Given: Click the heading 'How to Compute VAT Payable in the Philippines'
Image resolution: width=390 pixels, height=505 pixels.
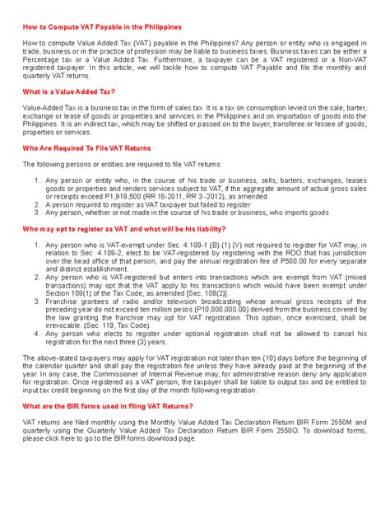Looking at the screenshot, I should [101, 26].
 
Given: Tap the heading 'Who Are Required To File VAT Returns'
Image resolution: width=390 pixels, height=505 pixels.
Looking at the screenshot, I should [89, 148].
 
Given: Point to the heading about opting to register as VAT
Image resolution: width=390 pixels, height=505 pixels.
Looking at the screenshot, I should [123, 227].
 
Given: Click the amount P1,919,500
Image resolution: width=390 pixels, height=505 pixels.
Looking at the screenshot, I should [143, 195].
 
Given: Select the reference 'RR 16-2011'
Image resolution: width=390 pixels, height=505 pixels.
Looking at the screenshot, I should [183, 195].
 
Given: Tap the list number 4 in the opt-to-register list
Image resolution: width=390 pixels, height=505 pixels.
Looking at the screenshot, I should [38, 334].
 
